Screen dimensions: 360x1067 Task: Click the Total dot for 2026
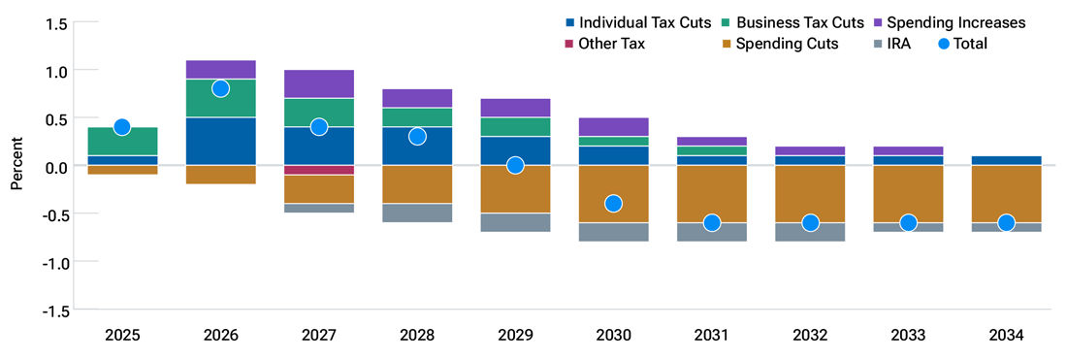point(220,88)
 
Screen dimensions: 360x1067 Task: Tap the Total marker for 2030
point(613,204)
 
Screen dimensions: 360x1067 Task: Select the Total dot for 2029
point(515,165)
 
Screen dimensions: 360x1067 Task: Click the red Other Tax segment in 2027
point(318,170)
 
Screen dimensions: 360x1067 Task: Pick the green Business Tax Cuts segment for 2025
point(122,141)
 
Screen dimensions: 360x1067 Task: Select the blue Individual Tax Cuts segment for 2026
point(220,141)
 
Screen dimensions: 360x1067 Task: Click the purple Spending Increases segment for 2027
point(318,83)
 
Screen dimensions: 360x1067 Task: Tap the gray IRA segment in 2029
point(515,222)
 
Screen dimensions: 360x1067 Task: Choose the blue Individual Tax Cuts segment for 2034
point(1006,160)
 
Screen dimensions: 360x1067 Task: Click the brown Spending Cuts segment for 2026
point(220,175)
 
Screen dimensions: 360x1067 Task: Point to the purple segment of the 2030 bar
point(613,126)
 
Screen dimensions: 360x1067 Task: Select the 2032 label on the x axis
point(809,336)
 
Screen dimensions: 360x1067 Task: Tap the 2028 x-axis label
point(416,336)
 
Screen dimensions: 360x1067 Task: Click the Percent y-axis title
point(16,166)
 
